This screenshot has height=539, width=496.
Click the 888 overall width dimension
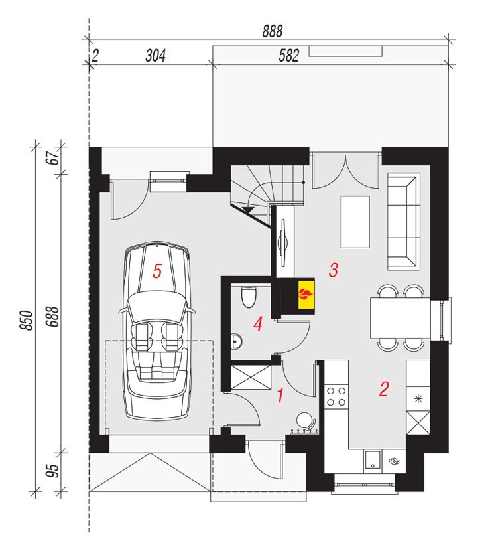pos(273,31)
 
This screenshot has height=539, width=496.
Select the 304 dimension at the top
pos(155,56)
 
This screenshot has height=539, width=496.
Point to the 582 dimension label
pos(288,56)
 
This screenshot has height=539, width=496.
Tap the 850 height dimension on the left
pos(27,320)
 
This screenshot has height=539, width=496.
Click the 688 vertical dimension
pos(52,316)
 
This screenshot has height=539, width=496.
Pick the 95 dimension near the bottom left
pos(52,471)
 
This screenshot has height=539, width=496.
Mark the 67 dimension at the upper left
pos(54,158)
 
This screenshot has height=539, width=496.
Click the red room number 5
pos(157,271)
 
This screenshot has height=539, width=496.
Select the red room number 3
pos(333,270)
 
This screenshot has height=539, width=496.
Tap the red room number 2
pos(384,389)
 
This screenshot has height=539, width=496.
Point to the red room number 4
pos(258,324)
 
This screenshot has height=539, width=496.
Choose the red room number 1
pos(280,396)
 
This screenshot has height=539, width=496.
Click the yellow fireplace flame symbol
pos(306,294)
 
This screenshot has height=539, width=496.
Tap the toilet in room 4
pos(249,297)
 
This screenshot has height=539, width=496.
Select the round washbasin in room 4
pos(236,341)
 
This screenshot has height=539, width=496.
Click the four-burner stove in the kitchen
pos(336,396)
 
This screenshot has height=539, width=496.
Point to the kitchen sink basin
pos(373,460)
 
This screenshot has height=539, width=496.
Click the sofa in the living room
pos(404,222)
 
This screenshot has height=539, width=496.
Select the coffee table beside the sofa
pos(355,222)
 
